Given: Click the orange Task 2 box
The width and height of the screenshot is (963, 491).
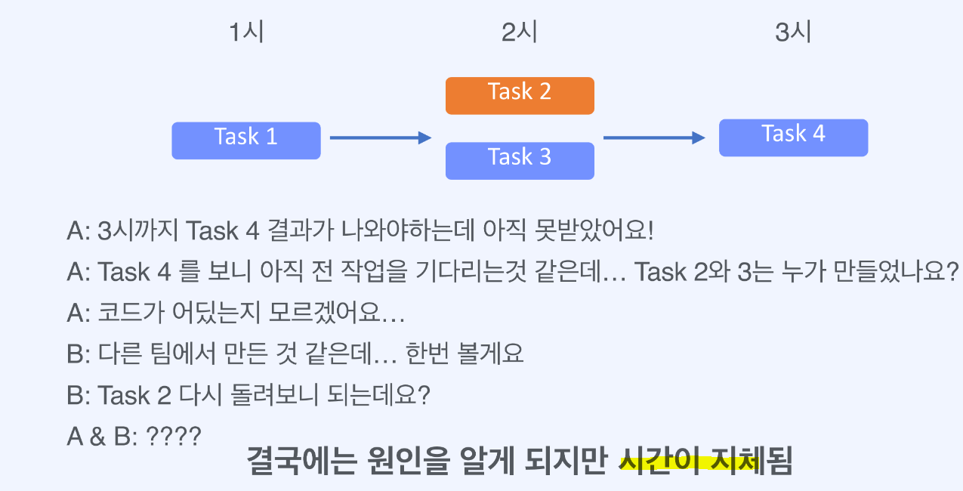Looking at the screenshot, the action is [520, 96].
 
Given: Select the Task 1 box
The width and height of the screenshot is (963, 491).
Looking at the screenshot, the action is [246, 141].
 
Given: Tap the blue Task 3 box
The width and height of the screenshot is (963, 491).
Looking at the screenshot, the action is [520, 160].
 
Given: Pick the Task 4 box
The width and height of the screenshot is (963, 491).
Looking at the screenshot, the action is [793, 137].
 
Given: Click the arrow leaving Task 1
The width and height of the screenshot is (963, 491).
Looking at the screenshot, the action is [380, 137].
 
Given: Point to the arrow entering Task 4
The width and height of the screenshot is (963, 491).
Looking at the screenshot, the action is [654, 137].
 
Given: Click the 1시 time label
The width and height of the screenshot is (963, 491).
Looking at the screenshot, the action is [247, 33].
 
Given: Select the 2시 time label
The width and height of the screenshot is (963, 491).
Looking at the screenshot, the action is [520, 33].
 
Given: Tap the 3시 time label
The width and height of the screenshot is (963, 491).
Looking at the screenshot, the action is [793, 33].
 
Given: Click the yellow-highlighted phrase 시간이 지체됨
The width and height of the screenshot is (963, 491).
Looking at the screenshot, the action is [705, 461].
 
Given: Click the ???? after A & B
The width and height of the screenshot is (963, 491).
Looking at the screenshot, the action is [174, 436].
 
